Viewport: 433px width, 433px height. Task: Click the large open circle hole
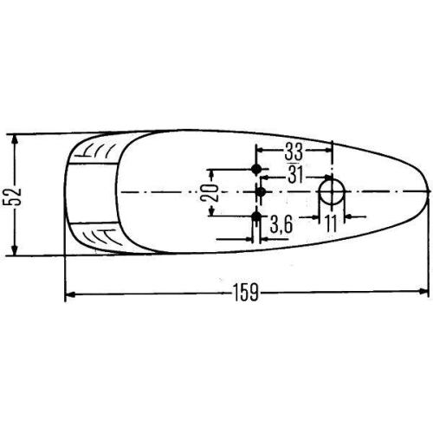[331, 191]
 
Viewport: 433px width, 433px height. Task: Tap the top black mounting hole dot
[256, 168]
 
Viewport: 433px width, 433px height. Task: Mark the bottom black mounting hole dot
[256, 215]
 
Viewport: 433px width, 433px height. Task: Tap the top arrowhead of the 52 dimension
[15, 137]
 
